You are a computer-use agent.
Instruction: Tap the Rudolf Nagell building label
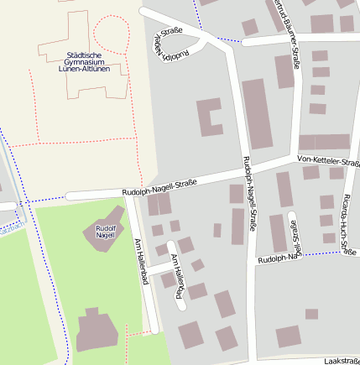105,232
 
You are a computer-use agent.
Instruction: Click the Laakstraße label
341,359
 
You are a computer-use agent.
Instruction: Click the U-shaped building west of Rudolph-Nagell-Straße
209,117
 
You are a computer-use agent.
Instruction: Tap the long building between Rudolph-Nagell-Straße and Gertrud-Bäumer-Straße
258,113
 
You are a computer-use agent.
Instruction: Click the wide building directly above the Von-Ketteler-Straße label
324,142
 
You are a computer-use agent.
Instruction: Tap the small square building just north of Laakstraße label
311,314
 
